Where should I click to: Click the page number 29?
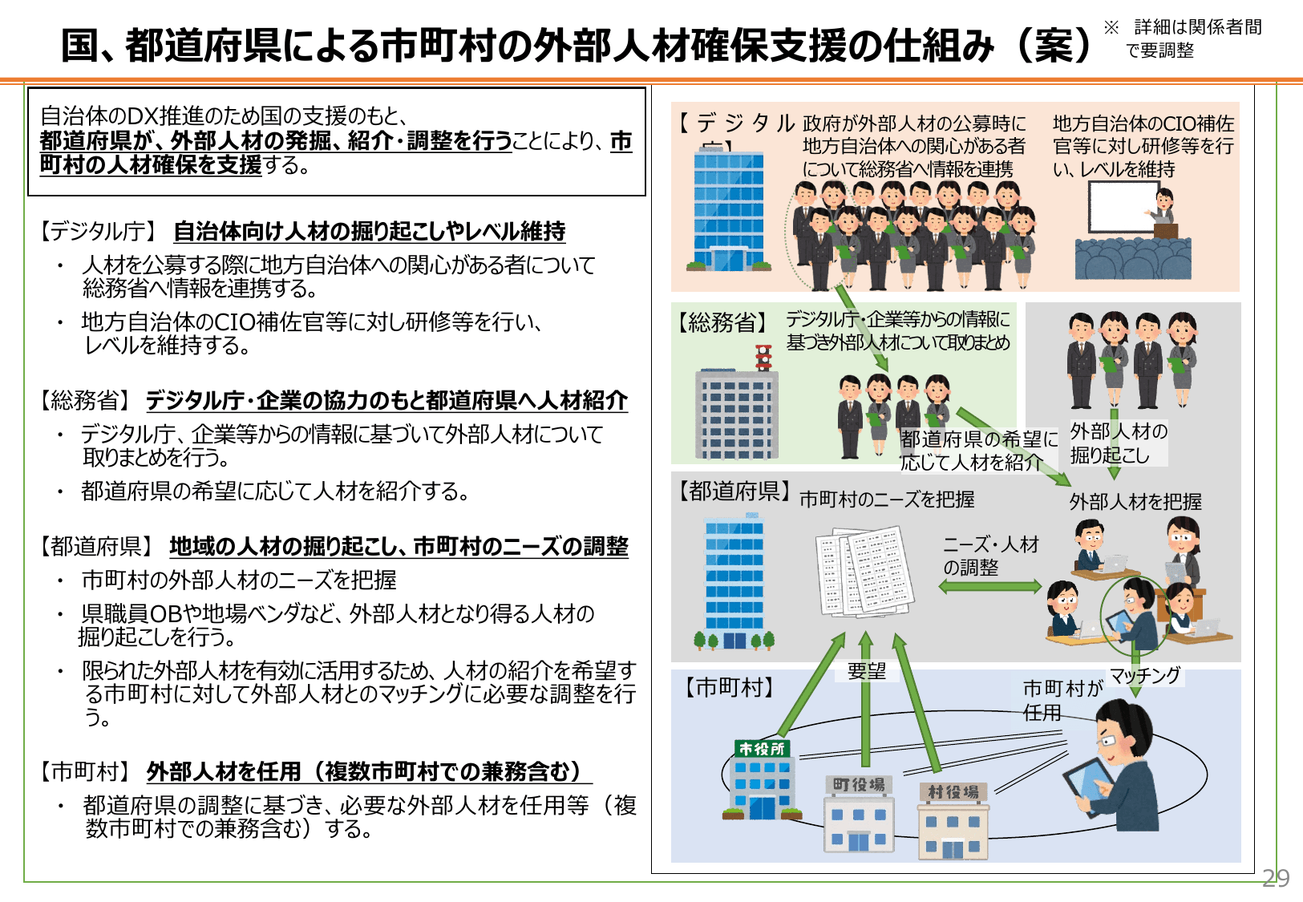click(x=1275, y=878)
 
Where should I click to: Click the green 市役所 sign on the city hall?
click(x=763, y=749)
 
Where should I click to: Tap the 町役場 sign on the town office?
click(x=858, y=784)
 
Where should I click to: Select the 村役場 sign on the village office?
click(x=953, y=792)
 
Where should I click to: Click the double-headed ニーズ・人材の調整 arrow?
click(x=990, y=587)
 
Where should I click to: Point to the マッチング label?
click(x=1145, y=675)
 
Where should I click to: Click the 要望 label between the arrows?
click(x=867, y=671)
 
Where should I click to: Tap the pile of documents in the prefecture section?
click(x=864, y=571)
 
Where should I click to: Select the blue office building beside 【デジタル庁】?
click(x=728, y=210)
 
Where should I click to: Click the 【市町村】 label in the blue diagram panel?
click(x=729, y=687)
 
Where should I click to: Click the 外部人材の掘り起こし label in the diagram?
click(x=1119, y=443)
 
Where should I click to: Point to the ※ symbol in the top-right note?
click(x=1111, y=27)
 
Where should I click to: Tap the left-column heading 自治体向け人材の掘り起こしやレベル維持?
click(x=369, y=232)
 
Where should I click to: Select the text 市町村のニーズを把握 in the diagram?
click(x=887, y=500)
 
